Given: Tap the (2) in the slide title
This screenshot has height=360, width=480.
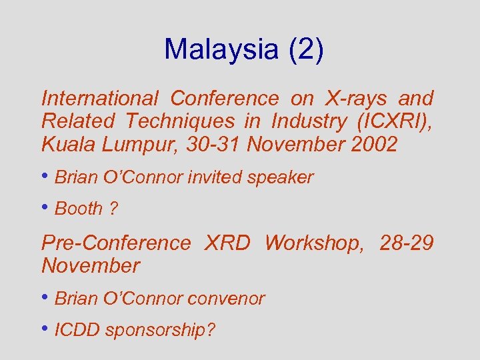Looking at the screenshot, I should pos(306,49).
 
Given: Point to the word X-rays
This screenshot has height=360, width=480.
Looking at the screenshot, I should pos(355,99).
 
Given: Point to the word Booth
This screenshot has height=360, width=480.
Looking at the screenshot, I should pos(79,209).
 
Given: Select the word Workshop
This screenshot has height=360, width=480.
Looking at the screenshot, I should pos(315,243).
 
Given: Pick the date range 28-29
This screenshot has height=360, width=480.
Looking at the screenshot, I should pos(407,243).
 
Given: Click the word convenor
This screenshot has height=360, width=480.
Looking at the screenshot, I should pos(226,299).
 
